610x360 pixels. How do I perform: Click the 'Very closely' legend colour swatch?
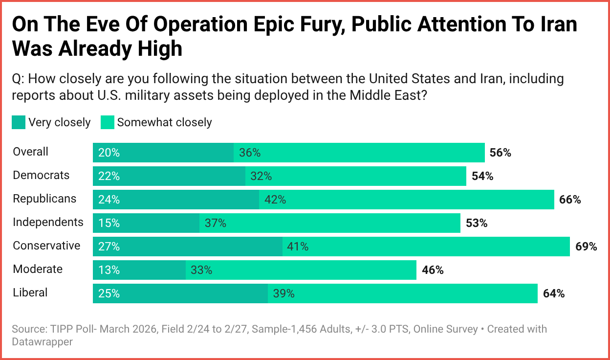click(x=19, y=122)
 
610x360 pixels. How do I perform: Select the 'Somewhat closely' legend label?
click(x=164, y=122)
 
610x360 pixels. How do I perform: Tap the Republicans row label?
click(x=44, y=199)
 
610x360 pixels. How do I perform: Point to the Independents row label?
click(x=48, y=222)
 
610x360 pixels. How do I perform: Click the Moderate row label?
click(x=38, y=269)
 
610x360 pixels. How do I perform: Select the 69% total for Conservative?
click(x=586, y=247)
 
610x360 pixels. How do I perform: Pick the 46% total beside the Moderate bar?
click(x=433, y=270)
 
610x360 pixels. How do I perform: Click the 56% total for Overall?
click(x=500, y=153)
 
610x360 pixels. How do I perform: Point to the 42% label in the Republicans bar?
click(x=275, y=200)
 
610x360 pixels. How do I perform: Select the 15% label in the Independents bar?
click(x=109, y=223)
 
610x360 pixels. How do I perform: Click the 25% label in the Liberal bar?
click(x=109, y=293)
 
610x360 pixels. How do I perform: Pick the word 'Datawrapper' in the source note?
click(x=42, y=342)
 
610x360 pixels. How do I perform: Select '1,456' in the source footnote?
click(x=293, y=329)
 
